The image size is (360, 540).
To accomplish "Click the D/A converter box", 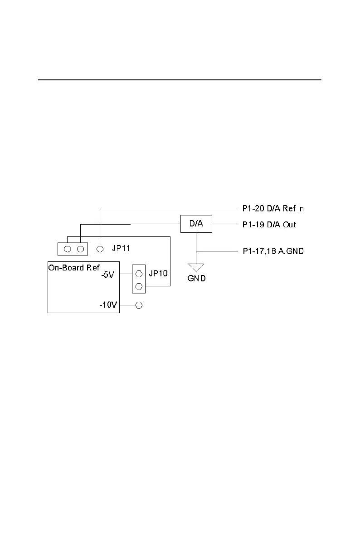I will [x=196, y=224].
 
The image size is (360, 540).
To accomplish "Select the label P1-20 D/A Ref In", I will [x=272, y=209].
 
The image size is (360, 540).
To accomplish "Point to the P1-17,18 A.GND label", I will [x=272, y=250].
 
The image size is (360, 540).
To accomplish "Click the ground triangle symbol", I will [x=196, y=267].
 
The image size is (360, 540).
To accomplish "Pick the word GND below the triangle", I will [x=196, y=278].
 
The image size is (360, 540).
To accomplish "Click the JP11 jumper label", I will [x=122, y=249].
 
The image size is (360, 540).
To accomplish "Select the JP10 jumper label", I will [x=158, y=274].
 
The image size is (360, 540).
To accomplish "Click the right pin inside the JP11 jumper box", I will [x=80, y=249].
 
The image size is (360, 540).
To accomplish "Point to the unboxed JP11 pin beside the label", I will [x=101, y=249].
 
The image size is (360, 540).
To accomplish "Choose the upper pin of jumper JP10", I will [x=139, y=274].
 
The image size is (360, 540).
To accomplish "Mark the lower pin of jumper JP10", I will [x=139, y=286].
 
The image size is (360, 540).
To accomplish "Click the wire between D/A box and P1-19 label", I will [x=225, y=224].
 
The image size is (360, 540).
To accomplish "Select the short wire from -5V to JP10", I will [x=126, y=274].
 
